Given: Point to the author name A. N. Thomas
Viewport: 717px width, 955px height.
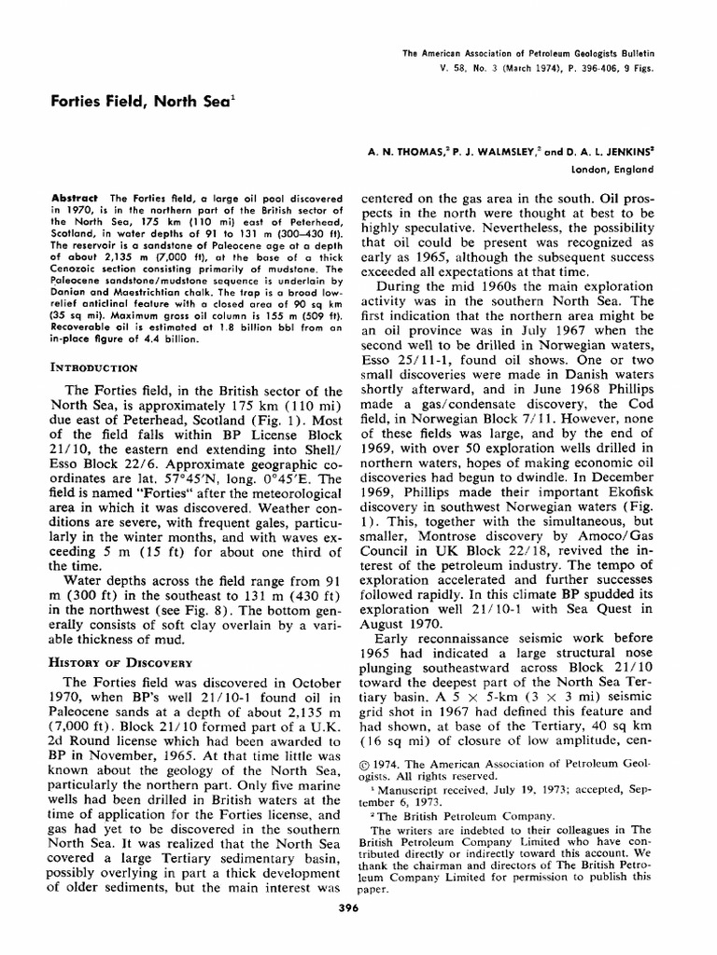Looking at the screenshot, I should click(x=408, y=148).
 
